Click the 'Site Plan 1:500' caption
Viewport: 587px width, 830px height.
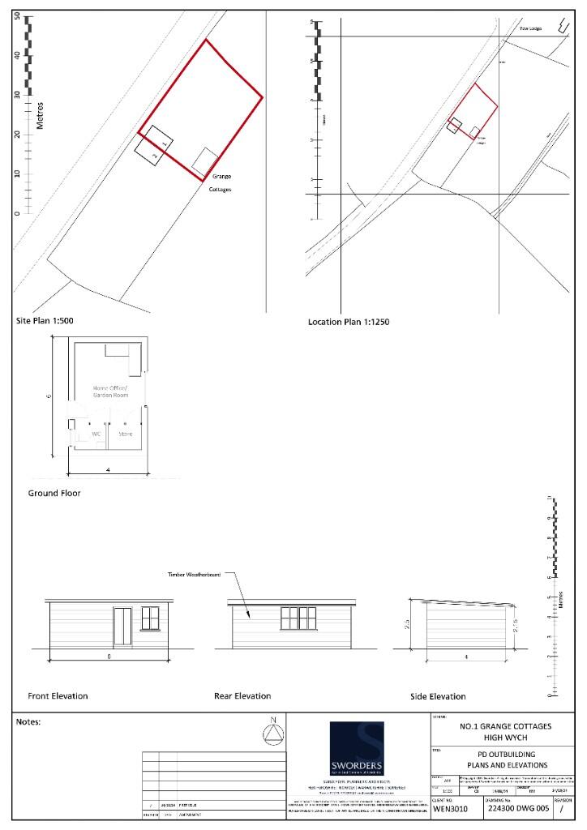click(45, 321)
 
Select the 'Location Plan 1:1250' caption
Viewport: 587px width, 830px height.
click(349, 322)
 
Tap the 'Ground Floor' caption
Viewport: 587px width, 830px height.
click(54, 493)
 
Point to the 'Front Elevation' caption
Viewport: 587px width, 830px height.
click(58, 696)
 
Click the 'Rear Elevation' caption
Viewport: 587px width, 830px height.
click(242, 696)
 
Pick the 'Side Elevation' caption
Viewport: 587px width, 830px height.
click(438, 696)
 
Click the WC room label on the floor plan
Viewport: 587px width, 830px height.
click(96, 433)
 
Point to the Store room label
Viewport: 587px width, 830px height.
click(125, 433)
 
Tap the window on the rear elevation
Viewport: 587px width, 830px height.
click(298, 618)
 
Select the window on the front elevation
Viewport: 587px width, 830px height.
click(150, 618)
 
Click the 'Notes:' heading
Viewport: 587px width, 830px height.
click(28, 721)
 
